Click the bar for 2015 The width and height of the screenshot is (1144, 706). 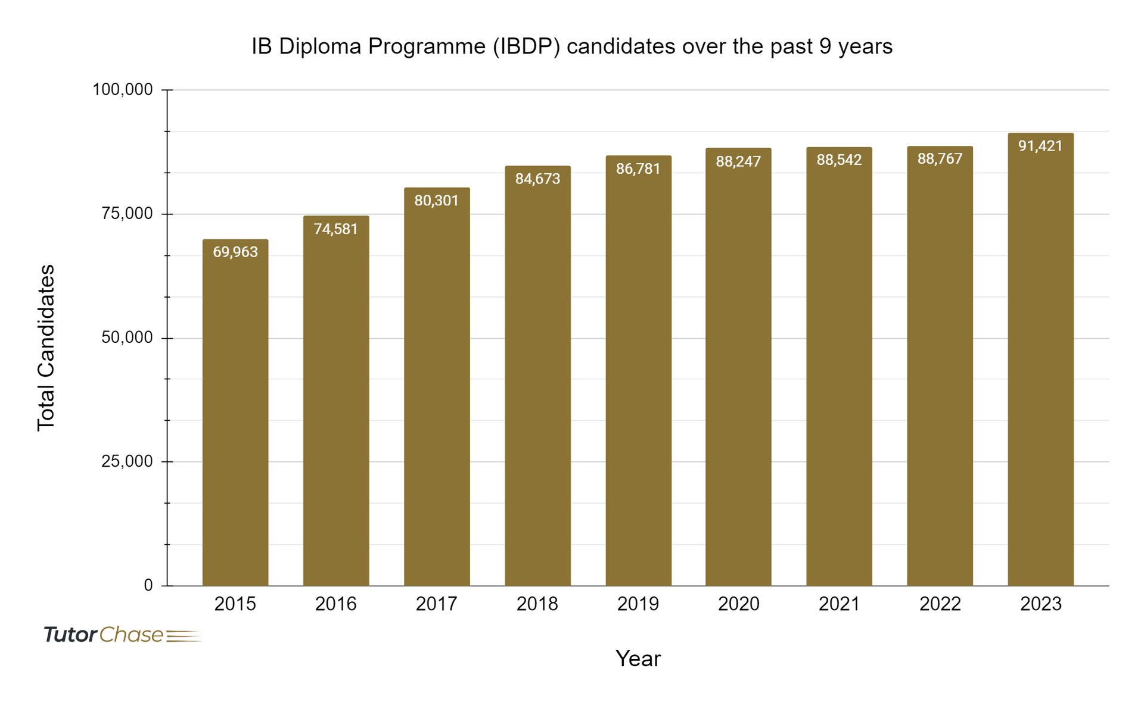pyautogui.click(x=235, y=417)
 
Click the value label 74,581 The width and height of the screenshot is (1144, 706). pyautogui.click(x=335, y=229)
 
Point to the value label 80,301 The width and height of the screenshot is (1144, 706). pyautogui.click(x=436, y=201)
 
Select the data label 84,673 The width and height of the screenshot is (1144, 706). pyautogui.click(x=537, y=179)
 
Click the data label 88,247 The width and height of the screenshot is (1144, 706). pyautogui.click(x=738, y=161)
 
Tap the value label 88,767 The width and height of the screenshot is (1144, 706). pyautogui.click(x=940, y=159)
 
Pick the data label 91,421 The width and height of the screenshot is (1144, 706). pyautogui.click(x=1040, y=146)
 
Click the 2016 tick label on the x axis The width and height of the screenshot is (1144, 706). pyautogui.click(x=335, y=604)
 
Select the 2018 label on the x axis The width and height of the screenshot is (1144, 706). pyautogui.click(x=537, y=604)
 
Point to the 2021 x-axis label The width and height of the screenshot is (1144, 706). pyautogui.click(x=839, y=604)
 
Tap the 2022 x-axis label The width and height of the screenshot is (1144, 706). pyautogui.click(x=940, y=604)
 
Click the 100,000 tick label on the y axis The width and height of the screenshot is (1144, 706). pyautogui.click(x=123, y=90)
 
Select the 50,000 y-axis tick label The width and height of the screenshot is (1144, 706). pyautogui.click(x=127, y=338)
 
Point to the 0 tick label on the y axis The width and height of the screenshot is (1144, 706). pyautogui.click(x=148, y=585)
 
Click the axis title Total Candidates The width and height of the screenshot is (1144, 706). pyautogui.click(x=46, y=348)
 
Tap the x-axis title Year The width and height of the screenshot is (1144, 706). pyautogui.click(x=638, y=658)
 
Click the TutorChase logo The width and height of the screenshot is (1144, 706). pyautogui.click(x=122, y=635)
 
